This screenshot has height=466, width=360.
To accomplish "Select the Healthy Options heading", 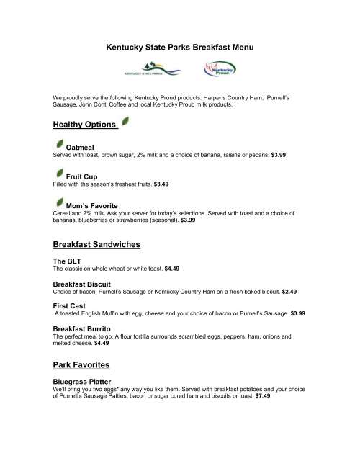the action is pos(85,125).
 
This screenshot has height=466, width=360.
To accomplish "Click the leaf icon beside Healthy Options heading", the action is pos(125,122).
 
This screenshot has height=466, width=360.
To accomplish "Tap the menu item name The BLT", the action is pos(69,261).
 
